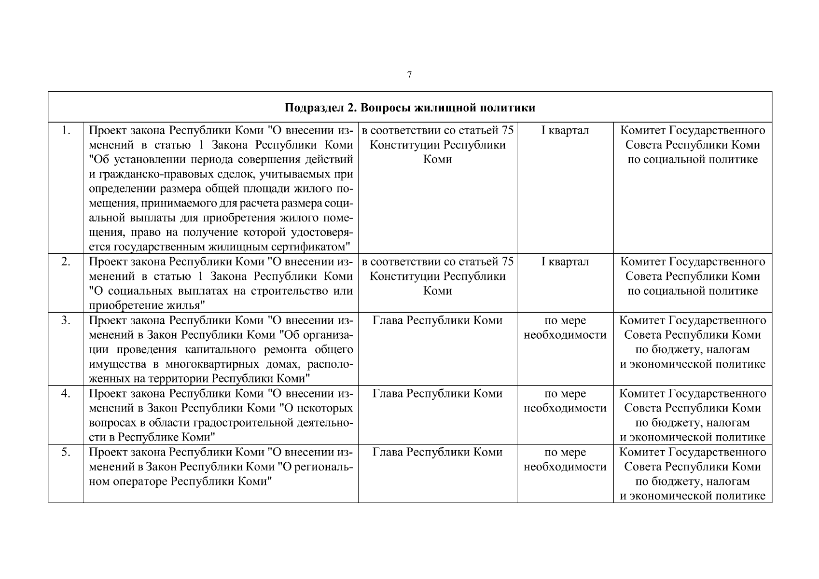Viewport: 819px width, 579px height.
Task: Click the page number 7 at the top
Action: (x=409, y=75)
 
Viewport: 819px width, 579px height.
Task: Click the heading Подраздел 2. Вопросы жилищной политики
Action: (x=410, y=107)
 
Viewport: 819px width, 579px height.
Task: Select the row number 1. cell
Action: (x=66, y=130)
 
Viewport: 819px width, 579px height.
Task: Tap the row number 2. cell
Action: (x=66, y=262)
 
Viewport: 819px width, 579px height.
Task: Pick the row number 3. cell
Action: (x=66, y=320)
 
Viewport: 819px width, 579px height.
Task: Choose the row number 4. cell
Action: (x=66, y=394)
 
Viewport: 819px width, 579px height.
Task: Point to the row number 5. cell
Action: (x=66, y=452)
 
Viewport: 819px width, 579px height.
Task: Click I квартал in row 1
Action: (x=565, y=130)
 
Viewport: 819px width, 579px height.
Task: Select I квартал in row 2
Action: (x=565, y=262)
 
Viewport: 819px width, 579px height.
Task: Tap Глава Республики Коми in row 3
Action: (x=437, y=320)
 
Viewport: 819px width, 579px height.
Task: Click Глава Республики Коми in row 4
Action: (x=437, y=394)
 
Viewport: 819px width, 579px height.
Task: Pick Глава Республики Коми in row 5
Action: (x=437, y=452)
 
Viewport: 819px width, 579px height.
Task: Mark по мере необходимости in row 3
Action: (x=565, y=328)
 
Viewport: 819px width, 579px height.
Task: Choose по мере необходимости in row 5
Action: (x=565, y=459)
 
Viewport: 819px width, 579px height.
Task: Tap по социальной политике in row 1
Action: (x=693, y=160)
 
